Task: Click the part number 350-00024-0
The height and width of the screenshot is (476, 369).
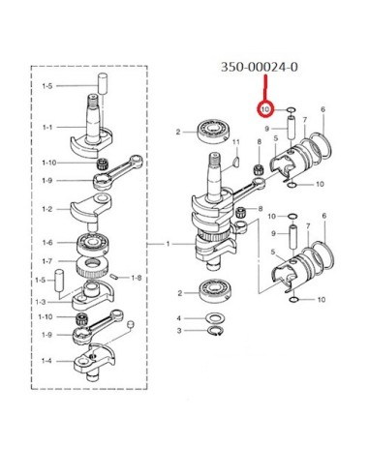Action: click(x=260, y=67)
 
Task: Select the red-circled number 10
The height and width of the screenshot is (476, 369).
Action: click(x=265, y=109)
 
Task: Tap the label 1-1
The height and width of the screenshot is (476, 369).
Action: click(x=47, y=128)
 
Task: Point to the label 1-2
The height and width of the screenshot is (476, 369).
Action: click(x=46, y=209)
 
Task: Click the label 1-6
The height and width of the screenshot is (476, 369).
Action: click(x=47, y=243)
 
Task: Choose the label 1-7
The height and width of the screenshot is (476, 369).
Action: click(x=47, y=261)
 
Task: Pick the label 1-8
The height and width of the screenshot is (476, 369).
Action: click(x=137, y=278)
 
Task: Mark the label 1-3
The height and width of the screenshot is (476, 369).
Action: click(x=41, y=302)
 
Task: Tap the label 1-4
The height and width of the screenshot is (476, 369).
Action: click(x=46, y=361)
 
